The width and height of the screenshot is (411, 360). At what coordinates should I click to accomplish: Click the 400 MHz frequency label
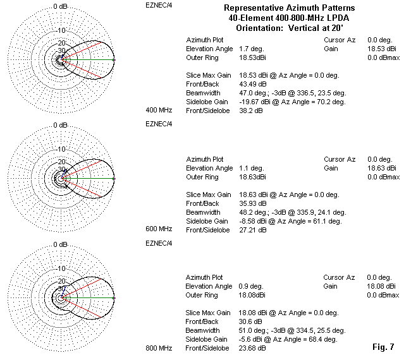pos(159,110)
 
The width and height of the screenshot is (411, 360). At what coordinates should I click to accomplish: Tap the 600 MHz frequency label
pos(159,229)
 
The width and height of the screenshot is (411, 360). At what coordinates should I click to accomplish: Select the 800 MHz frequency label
pos(159,348)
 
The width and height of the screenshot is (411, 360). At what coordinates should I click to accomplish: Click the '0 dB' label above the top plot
pos(61,6)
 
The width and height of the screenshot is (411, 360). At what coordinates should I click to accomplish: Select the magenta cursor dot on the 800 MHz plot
pos(114,297)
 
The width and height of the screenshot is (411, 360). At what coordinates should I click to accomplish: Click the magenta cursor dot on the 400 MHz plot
pos(114,60)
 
